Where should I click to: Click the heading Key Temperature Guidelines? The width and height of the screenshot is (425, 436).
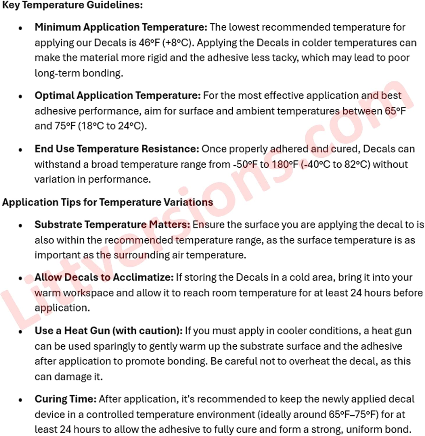tap(72, 5)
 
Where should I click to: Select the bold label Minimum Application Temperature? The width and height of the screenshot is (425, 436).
tap(121, 27)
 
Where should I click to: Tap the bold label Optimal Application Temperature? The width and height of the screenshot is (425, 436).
tap(118, 96)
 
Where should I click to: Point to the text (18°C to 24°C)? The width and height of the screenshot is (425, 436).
tap(112, 126)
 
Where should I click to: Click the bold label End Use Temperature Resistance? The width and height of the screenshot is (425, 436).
tap(117, 149)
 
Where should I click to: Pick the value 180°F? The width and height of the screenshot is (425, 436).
tap(285, 165)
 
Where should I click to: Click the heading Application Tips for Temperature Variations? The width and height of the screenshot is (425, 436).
tap(107, 202)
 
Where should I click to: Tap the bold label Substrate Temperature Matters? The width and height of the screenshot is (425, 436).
tap(112, 225)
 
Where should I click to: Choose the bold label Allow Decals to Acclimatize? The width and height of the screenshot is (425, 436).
tap(104, 277)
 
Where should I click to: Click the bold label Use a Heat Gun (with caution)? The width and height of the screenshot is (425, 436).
tap(109, 331)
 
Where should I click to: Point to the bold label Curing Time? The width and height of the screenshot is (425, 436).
tap(65, 399)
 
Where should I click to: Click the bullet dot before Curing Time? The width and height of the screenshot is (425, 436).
tap(20, 400)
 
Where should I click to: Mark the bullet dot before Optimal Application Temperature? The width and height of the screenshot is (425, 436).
tap(20, 97)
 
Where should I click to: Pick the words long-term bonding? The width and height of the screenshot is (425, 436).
tap(79, 73)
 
